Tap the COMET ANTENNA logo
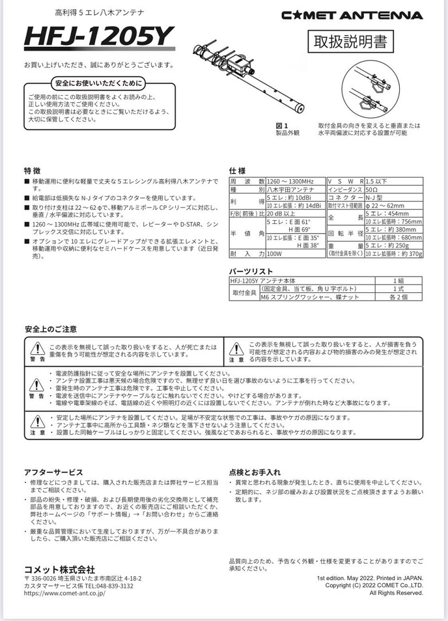(x=352, y=15)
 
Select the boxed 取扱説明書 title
(x=350, y=42)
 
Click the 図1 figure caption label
(x=281, y=125)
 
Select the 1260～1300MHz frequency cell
(x=290, y=180)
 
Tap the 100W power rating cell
(x=275, y=254)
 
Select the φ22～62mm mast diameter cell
(x=386, y=206)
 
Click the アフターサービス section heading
(x=53, y=471)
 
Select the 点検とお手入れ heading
(x=255, y=471)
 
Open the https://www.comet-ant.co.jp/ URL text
(x=64, y=594)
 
